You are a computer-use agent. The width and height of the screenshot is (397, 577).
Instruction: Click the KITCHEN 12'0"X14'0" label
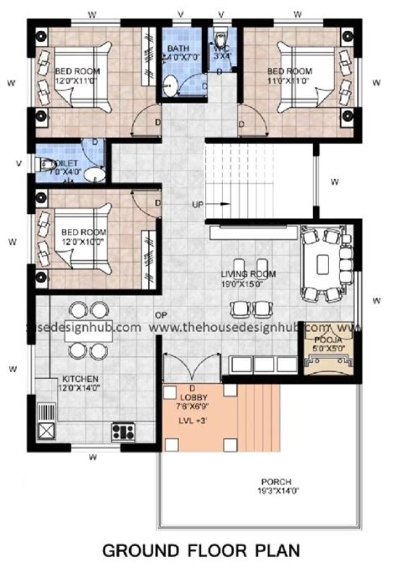[x=81, y=383]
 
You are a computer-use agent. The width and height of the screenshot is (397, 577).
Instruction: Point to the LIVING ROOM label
[x=248, y=278]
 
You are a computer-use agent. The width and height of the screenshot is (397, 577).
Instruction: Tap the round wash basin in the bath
[x=171, y=86]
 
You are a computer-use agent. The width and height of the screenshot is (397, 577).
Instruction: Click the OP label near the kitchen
[x=161, y=315]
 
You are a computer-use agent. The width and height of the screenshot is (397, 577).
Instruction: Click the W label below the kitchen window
[x=93, y=456]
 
